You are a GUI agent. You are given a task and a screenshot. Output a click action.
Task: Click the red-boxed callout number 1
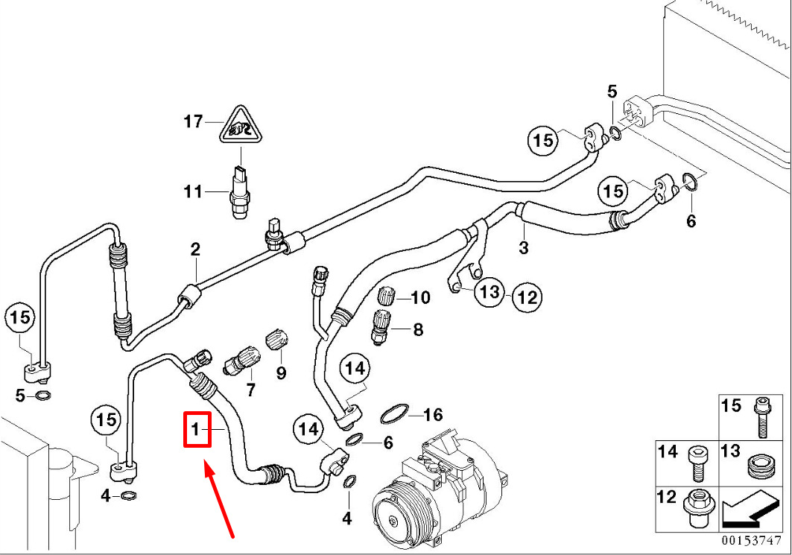coord(196,430)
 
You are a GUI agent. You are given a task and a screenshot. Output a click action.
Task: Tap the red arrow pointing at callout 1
coord(219,499)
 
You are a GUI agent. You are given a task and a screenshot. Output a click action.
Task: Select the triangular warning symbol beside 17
coord(241,125)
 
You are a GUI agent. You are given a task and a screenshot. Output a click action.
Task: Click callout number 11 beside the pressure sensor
coord(193,192)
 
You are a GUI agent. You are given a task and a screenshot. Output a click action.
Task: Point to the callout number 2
coord(195,249)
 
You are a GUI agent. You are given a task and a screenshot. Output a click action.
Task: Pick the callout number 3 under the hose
coord(524,247)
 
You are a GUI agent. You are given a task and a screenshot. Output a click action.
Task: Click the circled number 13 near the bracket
coord(489,291)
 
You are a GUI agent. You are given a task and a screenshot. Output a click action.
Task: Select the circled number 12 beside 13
coord(527,297)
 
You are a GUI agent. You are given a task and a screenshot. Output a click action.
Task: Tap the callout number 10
coord(420,297)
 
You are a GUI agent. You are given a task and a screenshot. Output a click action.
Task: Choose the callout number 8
coord(418,330)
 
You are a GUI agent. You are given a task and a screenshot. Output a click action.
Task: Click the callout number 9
coord(281,373)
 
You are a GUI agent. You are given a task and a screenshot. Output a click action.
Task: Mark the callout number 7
coord(250,390)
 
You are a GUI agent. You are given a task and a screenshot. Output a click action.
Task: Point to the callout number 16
coord(433,415)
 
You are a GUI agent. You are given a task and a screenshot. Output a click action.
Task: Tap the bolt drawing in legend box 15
coord(761,417)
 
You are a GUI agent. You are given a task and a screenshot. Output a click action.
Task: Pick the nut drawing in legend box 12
coord(697,506)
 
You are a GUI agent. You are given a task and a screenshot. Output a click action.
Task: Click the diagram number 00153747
coord(751,540)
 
